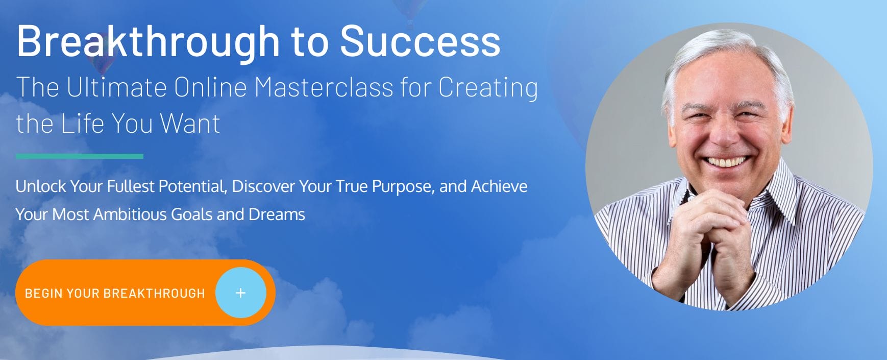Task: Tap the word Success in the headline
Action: (x=420, y=41)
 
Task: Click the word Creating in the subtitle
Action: (x=488, y=88)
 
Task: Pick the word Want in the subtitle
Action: (x=190, y=123)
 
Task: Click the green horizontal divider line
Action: (x=80, y=156)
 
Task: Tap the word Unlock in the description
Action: (x=41, y=186)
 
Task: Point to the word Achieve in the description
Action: (x=499, y=186)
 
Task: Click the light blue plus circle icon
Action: (x=241, y=293)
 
